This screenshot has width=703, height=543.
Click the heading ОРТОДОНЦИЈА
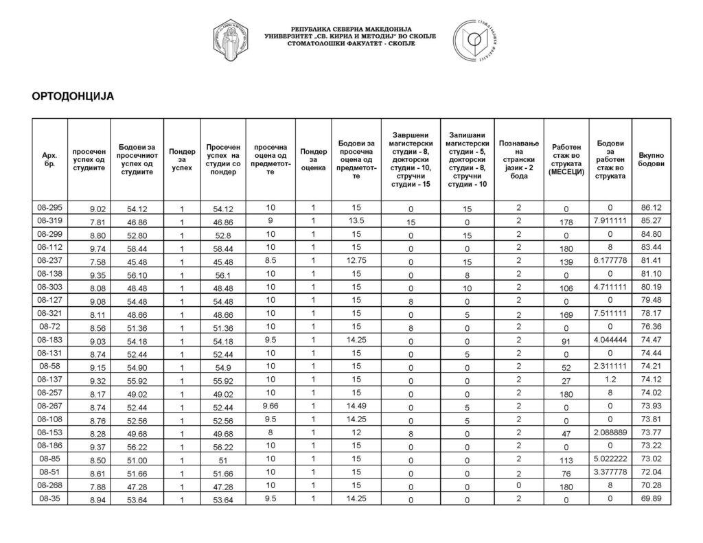(x=72, y=96)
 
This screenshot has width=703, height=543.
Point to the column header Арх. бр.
(x=49, y=161)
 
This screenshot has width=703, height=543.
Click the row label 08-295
(x=49, y=207)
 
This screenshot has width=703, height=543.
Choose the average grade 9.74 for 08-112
(x=98, y=248)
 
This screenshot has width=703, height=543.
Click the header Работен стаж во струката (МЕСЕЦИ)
(x=566, y=161)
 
